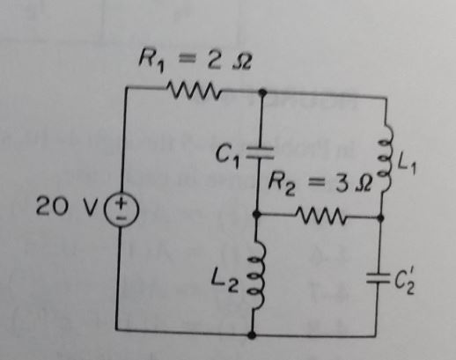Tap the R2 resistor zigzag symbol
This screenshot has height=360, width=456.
[x=316, y=214]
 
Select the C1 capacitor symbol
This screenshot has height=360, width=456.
[x=255, y=152]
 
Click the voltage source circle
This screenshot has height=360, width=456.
[x=117, y=210]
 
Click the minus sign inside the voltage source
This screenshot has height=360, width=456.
[x=117, y=219]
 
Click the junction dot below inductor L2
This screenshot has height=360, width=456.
[x=254, y=334]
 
